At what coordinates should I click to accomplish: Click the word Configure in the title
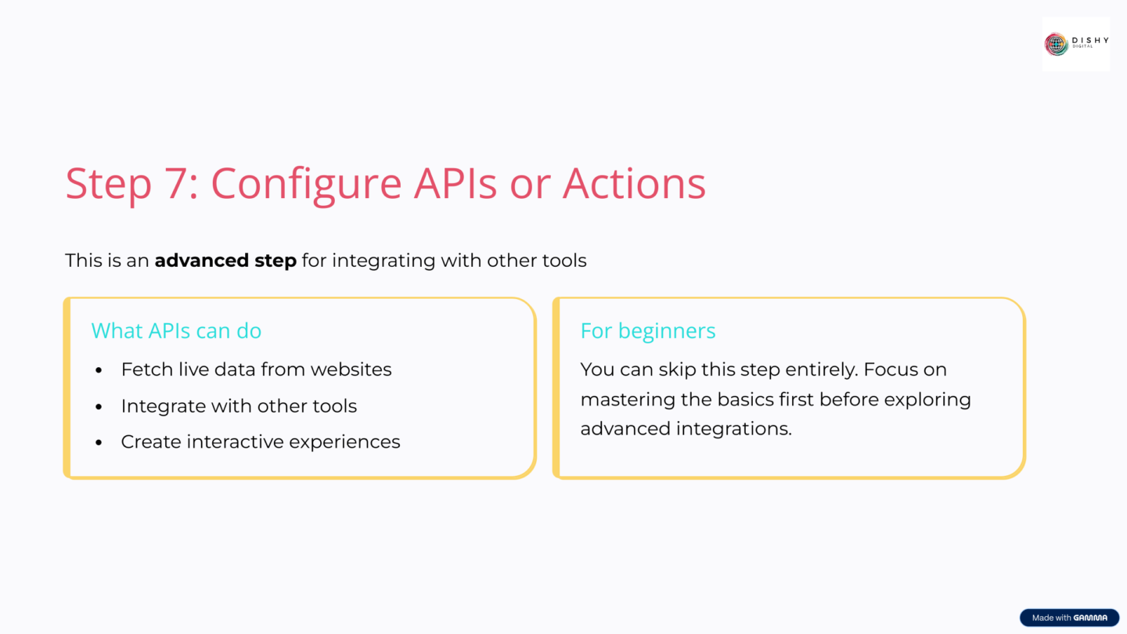pyautogui.click(x=305, y=184)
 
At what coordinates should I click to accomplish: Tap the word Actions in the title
pyautogui.click(x=634, y=184)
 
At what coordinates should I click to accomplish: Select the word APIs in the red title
pyautogui.click(x=455, y=184)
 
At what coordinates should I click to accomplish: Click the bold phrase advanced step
pyautogui.click(x=225, y=261)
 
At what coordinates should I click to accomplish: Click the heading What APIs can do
pyautogui.click(x=176, y=331)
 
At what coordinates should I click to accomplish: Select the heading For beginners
pyautogui.click(x=648, y=331)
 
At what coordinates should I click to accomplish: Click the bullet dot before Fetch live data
pyautogui.click(x=99, y=370)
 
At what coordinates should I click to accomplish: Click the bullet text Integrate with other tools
pyautogui.click(x=239, y=406)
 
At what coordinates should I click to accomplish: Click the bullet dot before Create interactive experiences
pyautogui.click(x=99, y=443)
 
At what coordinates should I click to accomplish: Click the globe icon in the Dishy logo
pyautogui.click(x=1057, y=44)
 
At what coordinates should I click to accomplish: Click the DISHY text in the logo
pyautogui.click(x=1089, y=41)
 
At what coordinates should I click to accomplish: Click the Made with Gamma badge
pyautogui.click(x=1069, y=618)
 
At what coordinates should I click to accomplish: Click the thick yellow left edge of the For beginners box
pyautogui.click(x=556, y=388)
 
